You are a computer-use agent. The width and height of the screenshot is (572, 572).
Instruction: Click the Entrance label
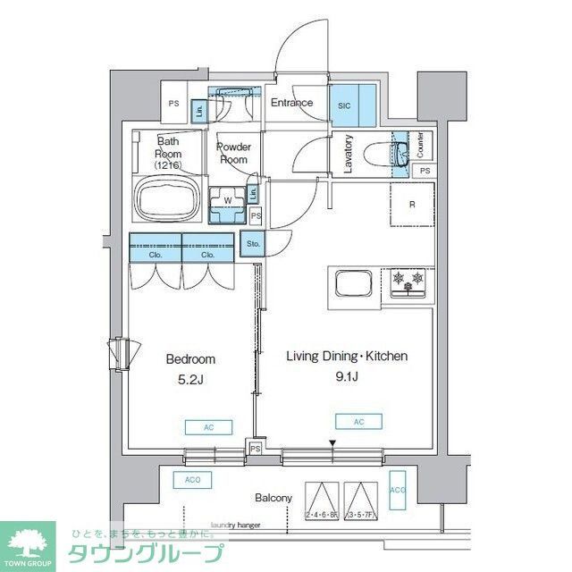click(292, 103)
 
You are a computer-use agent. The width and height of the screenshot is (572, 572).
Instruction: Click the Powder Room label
click(233, 153)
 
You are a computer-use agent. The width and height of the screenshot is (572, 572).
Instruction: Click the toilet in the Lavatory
click(400, 151)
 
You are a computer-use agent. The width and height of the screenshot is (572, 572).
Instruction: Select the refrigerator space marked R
click(411, 205)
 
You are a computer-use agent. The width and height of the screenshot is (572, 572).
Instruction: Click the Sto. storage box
click(253, 242)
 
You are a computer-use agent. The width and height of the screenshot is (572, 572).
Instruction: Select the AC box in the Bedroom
click(208, 427)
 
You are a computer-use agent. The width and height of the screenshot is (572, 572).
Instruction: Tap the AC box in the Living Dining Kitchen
click(359, 421)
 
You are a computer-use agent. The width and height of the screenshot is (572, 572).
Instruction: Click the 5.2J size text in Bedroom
click(189, 381)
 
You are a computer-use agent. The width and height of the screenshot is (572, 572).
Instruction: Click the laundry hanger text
click(235, 526)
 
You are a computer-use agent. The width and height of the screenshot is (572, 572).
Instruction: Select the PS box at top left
click(173, 104)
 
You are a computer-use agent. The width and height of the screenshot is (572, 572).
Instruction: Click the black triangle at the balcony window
click(332, 442)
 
